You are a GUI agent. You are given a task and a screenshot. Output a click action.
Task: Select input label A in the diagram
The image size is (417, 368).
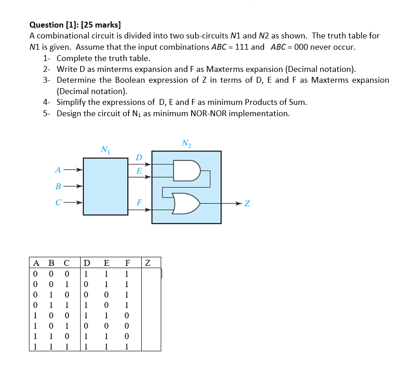(x=58, y=170)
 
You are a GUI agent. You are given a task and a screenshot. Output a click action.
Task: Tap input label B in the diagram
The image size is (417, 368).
(x=58, y=186)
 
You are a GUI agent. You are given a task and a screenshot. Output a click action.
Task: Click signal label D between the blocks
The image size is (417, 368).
(x=139, y=157)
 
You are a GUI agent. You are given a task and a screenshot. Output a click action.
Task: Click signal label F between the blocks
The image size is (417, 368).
(x=139, y=203)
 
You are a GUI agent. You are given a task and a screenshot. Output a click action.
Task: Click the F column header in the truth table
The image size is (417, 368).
(x=128, y=263)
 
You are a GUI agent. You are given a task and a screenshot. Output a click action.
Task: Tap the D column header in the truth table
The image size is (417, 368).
(x=86, y=263)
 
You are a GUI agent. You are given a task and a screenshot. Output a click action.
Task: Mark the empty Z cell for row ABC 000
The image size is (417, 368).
(x=151, y=274)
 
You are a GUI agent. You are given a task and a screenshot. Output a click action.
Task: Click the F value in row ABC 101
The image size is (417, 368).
(x=127, y=326)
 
